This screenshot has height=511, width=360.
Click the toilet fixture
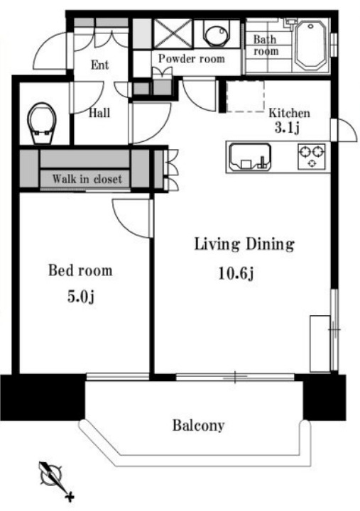(x=41, y=123)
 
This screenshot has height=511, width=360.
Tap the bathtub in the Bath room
(x=311, y=45)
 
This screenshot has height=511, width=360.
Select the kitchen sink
(x=250, y=157)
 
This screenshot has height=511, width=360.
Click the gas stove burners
(x=312, y=156)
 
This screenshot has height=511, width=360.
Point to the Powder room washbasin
(x=215, y=33)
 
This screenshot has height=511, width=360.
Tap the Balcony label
(x=198, y=426)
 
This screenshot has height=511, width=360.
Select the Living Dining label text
(x=244, y=244)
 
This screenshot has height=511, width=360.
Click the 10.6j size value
(x=236, y=274)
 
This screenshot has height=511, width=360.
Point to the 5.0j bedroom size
(x=81, y=297)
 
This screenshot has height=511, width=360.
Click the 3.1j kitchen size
(x=287, y=128)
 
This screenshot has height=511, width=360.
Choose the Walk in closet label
(x=87, y=179)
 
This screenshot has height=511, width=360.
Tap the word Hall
(x=99, y=113)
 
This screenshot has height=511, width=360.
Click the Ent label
(x=100, y=65)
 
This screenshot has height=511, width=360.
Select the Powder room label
(x=192, y=59)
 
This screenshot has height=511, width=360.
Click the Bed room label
(x=80, y=270)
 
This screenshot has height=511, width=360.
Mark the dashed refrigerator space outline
(x=245, y=96)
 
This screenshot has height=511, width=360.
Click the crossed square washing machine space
(x=173, y=33)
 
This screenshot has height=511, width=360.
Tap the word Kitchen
(x=289, y=113)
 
